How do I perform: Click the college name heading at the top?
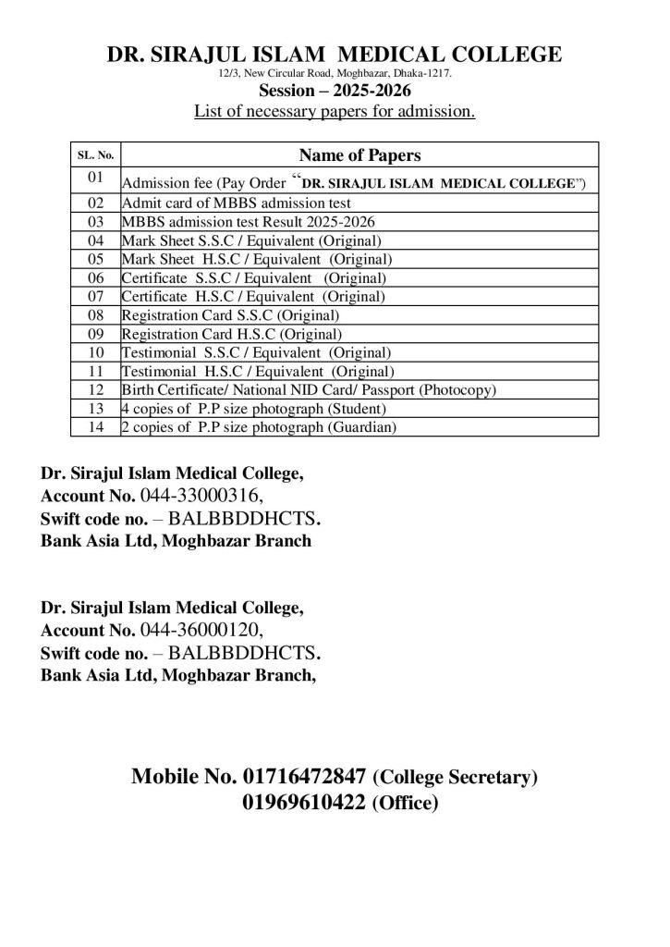(x=335, y=55)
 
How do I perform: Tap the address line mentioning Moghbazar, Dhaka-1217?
(x=335, y=72)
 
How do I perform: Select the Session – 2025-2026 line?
(x=335, y=92)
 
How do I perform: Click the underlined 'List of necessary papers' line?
(x=335, y=113)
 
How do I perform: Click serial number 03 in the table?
(x=94, y=222)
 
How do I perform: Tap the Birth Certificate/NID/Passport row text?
(x=309, y=390)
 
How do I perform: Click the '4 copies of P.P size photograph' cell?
(x=253, y=409)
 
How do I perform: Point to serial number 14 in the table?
(x=94, y=427)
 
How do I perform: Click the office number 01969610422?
(x=303, y=803)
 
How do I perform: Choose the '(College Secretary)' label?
(x=455, y=779)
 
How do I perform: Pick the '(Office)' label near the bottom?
(x=403, y=805)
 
